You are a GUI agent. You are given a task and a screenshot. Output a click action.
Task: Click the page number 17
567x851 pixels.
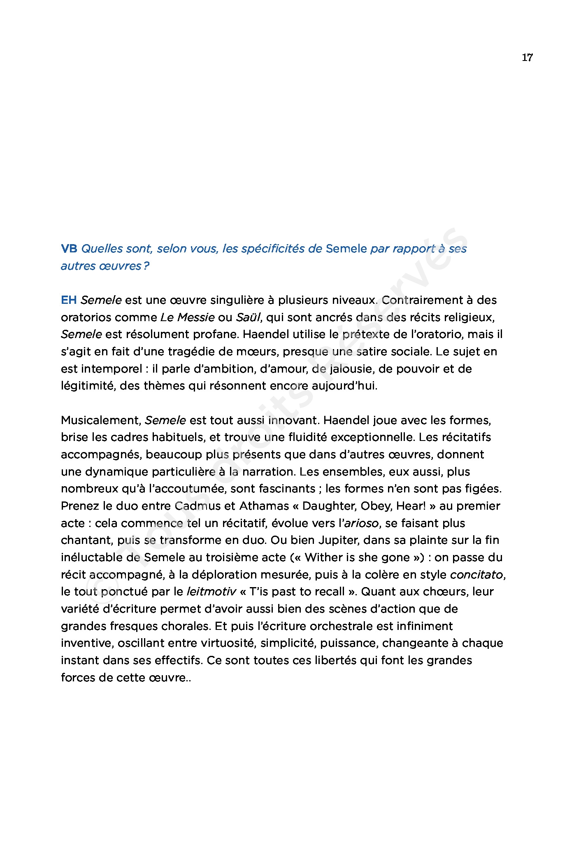527,58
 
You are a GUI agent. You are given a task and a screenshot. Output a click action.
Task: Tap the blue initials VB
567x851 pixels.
69,249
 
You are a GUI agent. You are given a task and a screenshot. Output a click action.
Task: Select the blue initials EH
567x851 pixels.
69,300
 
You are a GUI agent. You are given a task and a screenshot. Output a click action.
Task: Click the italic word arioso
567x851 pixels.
361,523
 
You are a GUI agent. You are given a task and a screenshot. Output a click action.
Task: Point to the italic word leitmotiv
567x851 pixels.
211,592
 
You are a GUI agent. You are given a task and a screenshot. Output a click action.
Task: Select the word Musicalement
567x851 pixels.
101,420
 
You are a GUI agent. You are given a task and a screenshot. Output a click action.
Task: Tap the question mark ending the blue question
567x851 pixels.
146,266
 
